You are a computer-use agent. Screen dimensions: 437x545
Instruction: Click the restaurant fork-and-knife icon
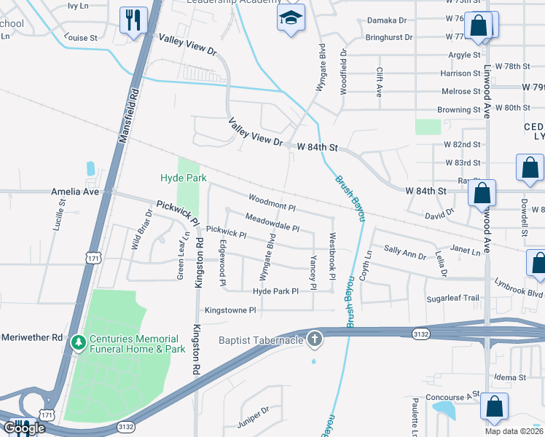pyautogui.click(x=133, y=20)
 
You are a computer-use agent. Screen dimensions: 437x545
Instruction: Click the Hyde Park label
pyautogui.click(x=184, y=178)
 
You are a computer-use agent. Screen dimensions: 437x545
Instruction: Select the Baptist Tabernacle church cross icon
pyautogui.click(x=314, y=338)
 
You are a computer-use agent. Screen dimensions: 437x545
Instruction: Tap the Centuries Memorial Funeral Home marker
pyautogui.click(x=78, y=341)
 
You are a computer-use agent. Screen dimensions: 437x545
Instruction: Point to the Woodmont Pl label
pyautogui.click(x=271, y=199)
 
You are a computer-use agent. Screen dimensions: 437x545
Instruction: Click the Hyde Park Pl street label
pyautogui.click(x=275, y=291)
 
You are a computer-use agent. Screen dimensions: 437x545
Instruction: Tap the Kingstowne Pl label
pyautogui.click(x=231, y=310)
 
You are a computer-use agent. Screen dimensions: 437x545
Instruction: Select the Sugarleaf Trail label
pyautogui.click(x=452, y=298)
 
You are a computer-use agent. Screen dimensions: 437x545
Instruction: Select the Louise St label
pyautogui.click(x=80, y=37)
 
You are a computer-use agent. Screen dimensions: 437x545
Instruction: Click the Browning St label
pyautogui.click(x=459, y=109)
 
